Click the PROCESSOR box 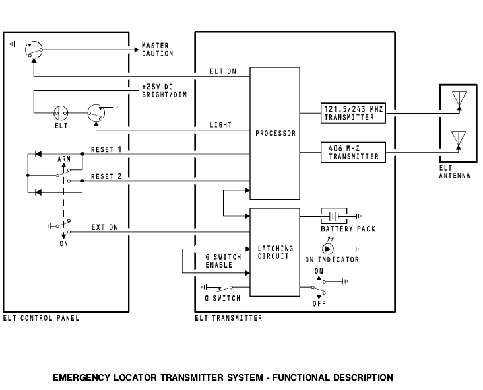coord(275,132)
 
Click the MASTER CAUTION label coord(157,50)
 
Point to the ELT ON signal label coord(222,71)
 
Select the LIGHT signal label coord(220,124)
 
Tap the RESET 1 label coord(106,149)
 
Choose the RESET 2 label coord(106,176)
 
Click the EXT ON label coord(105,227)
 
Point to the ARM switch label coord(64,159)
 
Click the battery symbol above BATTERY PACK coord(337,215)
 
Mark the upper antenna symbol coord(459,100)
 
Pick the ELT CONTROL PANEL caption coord(41,319)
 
